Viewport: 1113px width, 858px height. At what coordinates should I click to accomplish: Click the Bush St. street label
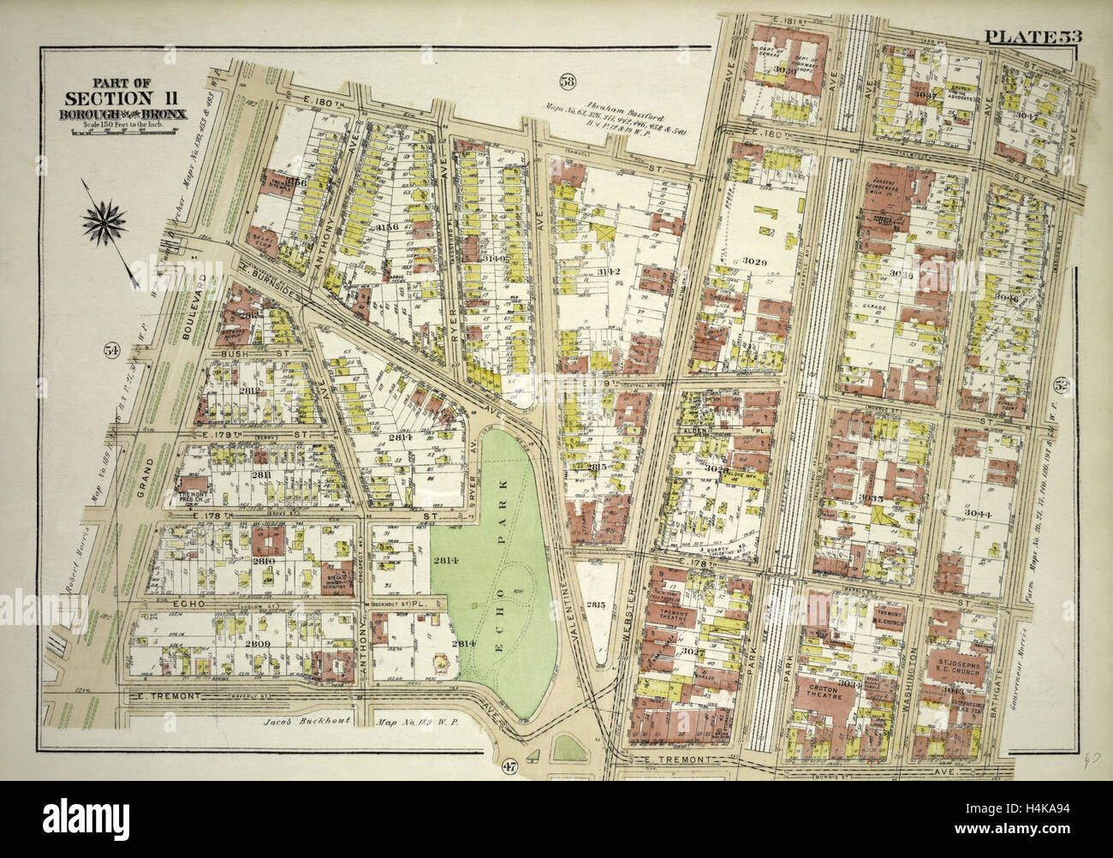[233, 352]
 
